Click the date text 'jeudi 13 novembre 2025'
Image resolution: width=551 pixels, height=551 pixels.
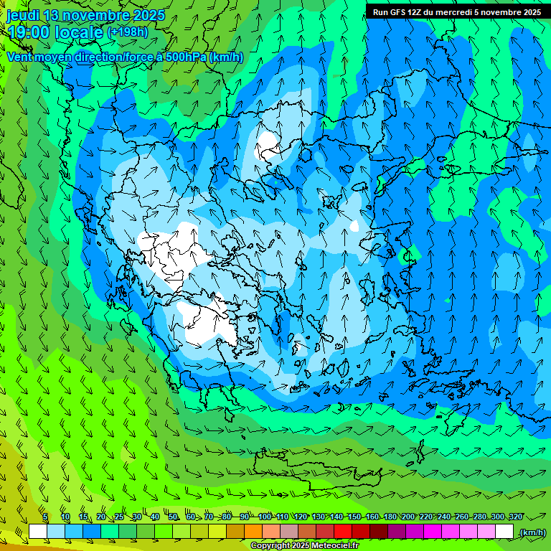click(85, 15)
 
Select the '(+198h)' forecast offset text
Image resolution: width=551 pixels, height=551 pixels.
click(128, 32)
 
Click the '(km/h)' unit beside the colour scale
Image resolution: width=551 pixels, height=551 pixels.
click(532, 532)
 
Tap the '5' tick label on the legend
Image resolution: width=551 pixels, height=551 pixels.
click(45, 517)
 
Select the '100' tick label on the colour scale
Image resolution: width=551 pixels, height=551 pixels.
click(265, 517)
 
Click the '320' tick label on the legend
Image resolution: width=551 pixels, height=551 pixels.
click(515, 517)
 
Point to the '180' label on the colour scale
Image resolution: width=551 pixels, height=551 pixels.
click(390, 517)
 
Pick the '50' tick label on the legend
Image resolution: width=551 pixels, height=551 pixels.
click(173, 517)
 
